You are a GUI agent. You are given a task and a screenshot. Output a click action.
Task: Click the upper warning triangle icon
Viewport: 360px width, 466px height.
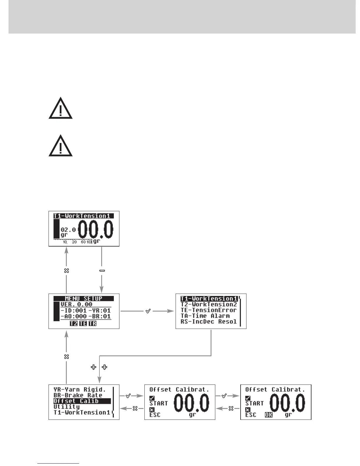coord(60,109)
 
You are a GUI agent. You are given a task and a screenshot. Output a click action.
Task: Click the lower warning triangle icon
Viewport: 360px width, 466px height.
coord(60,146)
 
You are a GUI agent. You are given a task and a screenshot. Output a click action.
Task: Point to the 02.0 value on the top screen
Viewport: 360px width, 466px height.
coord(68,229)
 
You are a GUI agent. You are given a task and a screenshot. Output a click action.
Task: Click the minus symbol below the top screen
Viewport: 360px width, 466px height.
coord(102,270)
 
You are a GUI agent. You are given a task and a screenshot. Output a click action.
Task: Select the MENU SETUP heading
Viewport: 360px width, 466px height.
coord(84,299)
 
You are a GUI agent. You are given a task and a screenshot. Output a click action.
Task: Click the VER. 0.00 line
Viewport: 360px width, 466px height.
coord(76,304)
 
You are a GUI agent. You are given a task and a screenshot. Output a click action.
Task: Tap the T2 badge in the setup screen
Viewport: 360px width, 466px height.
coord(74,323)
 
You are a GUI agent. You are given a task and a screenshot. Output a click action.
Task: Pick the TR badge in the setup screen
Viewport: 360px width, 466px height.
coord(92,323)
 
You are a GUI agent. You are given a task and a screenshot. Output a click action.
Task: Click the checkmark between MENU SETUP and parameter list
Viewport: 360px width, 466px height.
coord(148,311)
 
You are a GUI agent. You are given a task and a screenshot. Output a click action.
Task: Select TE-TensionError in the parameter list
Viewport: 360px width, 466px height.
coord(209,310)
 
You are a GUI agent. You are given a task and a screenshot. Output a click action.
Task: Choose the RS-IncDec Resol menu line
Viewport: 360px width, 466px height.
coord(209,322)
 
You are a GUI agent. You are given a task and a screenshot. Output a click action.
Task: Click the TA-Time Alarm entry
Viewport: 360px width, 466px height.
coord(205,316)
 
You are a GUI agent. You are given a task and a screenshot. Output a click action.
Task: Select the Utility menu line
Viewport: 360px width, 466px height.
coord(66,407)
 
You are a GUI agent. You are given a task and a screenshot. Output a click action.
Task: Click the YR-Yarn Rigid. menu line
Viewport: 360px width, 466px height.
coord(79,390)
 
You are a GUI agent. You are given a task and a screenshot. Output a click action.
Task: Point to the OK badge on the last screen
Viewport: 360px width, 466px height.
coord(269,415)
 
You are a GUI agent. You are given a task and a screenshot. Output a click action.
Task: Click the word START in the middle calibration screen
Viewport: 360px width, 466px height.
coord(159,403)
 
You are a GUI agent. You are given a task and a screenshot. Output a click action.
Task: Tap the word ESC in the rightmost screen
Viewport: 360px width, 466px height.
coord(251,415)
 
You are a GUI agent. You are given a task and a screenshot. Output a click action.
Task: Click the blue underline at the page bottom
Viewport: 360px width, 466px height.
coord(58,464)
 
